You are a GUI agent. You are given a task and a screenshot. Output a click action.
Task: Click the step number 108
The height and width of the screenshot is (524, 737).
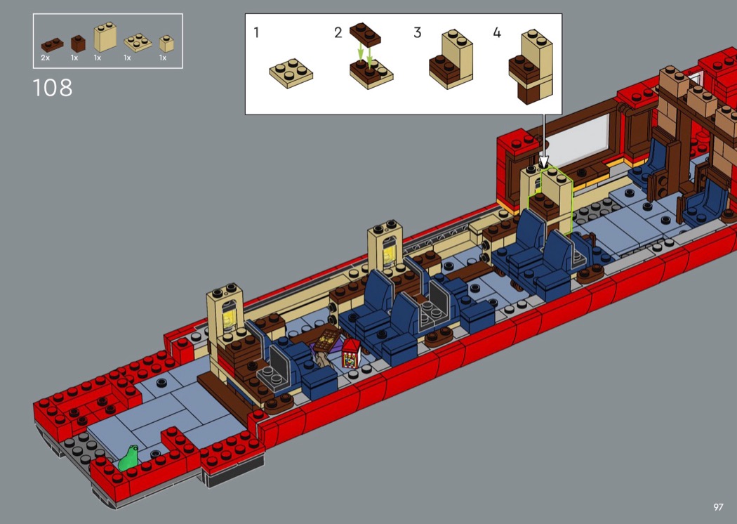52,88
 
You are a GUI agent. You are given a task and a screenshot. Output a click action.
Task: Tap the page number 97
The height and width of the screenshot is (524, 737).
718,507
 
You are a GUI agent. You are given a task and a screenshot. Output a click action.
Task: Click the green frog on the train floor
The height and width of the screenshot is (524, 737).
128,458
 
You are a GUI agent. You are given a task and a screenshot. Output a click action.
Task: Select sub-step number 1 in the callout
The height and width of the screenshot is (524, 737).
256,32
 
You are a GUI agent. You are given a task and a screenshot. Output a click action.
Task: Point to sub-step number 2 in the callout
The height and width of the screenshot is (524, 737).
338,32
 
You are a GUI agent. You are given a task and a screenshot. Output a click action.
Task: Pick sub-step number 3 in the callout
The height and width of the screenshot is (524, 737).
418,32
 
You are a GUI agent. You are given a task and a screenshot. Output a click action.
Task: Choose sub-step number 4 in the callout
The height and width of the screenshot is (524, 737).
497,32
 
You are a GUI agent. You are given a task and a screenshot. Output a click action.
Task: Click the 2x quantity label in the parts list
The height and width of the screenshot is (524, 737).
45,58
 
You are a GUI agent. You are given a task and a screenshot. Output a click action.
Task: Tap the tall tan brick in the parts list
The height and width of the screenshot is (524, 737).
105,37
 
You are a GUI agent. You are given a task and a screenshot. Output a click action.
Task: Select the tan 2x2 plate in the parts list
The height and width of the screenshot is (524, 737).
138,42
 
